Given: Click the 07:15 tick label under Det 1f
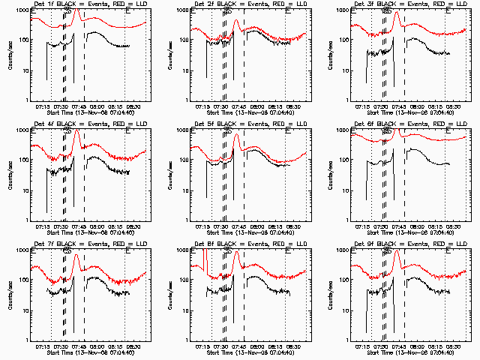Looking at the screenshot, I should [42, 106].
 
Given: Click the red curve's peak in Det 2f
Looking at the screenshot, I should [236, 20].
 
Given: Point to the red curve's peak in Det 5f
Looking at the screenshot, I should [236, 135].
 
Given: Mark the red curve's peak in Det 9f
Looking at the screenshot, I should [396, 253].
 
